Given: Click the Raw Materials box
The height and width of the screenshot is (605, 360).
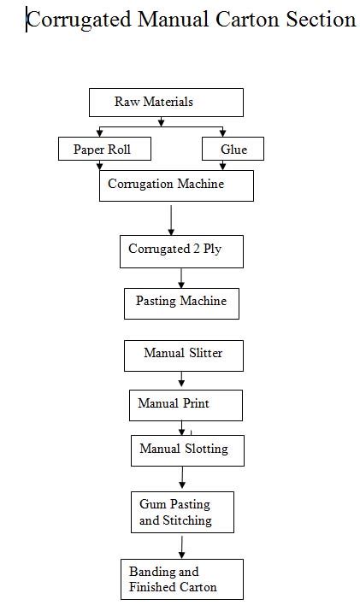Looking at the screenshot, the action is coord(166,103).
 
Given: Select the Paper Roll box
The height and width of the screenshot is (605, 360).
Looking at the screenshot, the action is coord(104,149).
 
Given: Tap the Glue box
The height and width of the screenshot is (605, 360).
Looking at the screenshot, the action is coord(233,149).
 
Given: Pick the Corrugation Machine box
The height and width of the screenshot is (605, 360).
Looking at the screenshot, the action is coord(176,185).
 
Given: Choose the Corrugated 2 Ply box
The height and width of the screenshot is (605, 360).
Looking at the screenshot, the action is coord(181,251).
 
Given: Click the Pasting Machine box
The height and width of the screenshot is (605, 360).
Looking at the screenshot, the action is coord(181,303).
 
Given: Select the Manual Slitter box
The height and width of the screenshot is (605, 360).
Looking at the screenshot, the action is coord(184,355).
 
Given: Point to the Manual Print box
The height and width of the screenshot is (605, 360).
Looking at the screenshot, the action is coord(186,405).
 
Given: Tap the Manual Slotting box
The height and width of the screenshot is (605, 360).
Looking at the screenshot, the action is coord(187,450).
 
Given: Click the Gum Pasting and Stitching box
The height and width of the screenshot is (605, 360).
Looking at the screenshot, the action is coord(182,512).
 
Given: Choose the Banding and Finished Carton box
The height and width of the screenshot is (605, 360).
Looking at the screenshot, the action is coord(182,579).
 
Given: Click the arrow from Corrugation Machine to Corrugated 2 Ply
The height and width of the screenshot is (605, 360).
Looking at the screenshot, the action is coord(171,220).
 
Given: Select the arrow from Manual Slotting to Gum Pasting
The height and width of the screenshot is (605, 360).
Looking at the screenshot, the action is coord(182,478).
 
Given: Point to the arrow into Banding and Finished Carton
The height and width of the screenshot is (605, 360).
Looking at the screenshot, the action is coord(181,547).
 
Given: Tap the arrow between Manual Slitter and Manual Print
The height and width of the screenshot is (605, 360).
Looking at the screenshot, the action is coord(181,379).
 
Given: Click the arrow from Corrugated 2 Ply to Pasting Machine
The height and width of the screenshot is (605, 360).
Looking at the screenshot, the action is coord(181,278).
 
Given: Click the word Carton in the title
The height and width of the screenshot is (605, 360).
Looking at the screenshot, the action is coord(247,19).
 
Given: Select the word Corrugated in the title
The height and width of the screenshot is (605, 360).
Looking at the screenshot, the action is coord(80,20).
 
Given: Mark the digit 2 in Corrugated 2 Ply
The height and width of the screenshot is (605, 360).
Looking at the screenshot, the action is coord(197,249).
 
